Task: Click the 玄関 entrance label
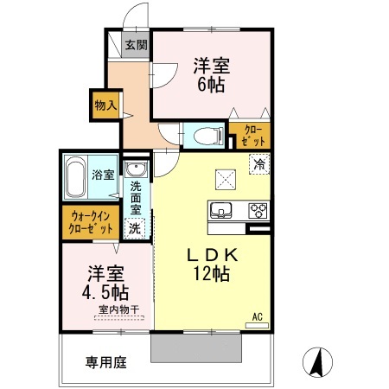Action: click(135, 45)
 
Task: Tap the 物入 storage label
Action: click(105, 105)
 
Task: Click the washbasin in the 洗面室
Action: click(136, 169)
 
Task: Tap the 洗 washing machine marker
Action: click(135, 228)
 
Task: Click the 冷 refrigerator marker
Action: click(258, 162)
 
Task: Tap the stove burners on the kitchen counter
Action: click(258, 209)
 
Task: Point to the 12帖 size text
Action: click(211, 274)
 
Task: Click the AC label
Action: click(257, 316)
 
